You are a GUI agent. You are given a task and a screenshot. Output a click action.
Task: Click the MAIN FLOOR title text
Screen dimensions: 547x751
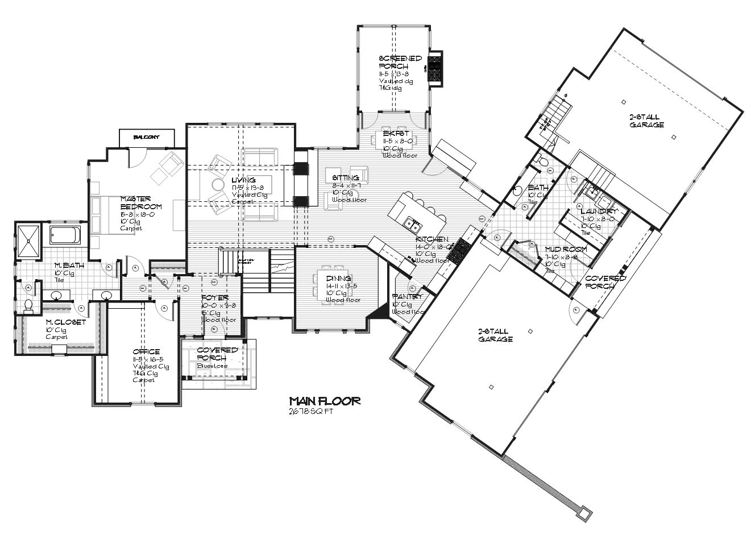[x=324, y=401]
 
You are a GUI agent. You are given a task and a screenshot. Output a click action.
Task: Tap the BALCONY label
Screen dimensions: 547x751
[x=146, y=138]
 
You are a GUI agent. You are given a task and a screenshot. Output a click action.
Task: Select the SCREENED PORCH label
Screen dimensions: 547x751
[x=400, y=62]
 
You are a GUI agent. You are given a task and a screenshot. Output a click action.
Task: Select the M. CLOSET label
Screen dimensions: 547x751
[x=66, y=322]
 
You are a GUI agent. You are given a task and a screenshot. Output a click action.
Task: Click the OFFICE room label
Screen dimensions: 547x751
[x=146, y=351]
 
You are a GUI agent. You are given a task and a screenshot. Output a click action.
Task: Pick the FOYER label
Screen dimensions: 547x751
[x=215, y=297]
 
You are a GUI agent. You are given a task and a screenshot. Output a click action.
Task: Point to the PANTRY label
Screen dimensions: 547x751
[x=408, y=297]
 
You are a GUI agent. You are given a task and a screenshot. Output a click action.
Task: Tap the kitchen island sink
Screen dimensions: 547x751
[x=409, y=222]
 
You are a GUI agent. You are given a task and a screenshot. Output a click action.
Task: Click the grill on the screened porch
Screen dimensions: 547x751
[x=435, y=68]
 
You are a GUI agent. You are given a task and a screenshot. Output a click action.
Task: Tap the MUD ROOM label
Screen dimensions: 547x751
[x=558, y=249]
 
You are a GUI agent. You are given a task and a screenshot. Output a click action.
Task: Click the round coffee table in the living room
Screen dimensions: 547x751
[x=218, y=185]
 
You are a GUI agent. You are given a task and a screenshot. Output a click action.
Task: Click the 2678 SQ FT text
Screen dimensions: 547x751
[x=310, y=412]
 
